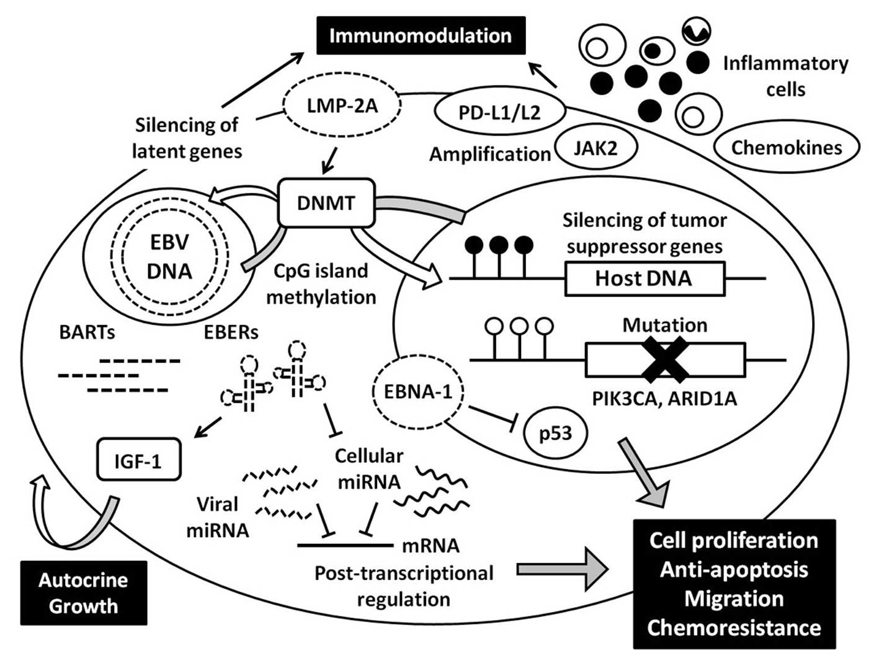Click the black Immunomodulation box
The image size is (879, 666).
coord(421,35)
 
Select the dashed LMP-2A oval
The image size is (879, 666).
coord(342,106)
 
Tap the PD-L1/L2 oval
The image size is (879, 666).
coord(499,113)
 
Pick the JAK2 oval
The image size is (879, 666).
coord(596,148)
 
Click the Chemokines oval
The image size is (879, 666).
coord(787,148)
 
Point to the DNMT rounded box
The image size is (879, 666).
coord(326,202)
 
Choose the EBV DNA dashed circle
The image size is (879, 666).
coord(171,256)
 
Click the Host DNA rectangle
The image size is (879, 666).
coord(644,278)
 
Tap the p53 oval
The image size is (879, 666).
coord(555,433)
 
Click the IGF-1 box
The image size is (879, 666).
coord(138,460)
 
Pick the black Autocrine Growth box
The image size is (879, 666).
coord(84,593)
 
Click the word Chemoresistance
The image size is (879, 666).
coord(734,628)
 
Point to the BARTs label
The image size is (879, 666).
coord(87,332)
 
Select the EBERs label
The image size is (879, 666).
coord(231,332)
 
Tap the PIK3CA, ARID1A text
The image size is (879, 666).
coord(664,398)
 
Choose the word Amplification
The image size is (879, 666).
coord(490,154)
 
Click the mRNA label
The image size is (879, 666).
coord(431,546)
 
